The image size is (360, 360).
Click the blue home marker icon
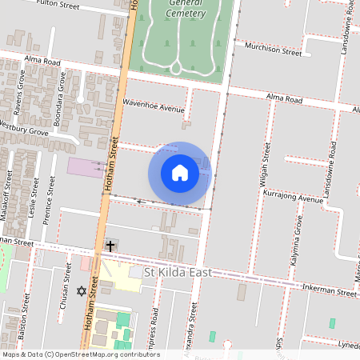click(180, 173)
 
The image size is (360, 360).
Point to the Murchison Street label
click(273, 49)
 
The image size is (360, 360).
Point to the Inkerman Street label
click(329, 293)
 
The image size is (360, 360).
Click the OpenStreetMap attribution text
click(80, 354)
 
